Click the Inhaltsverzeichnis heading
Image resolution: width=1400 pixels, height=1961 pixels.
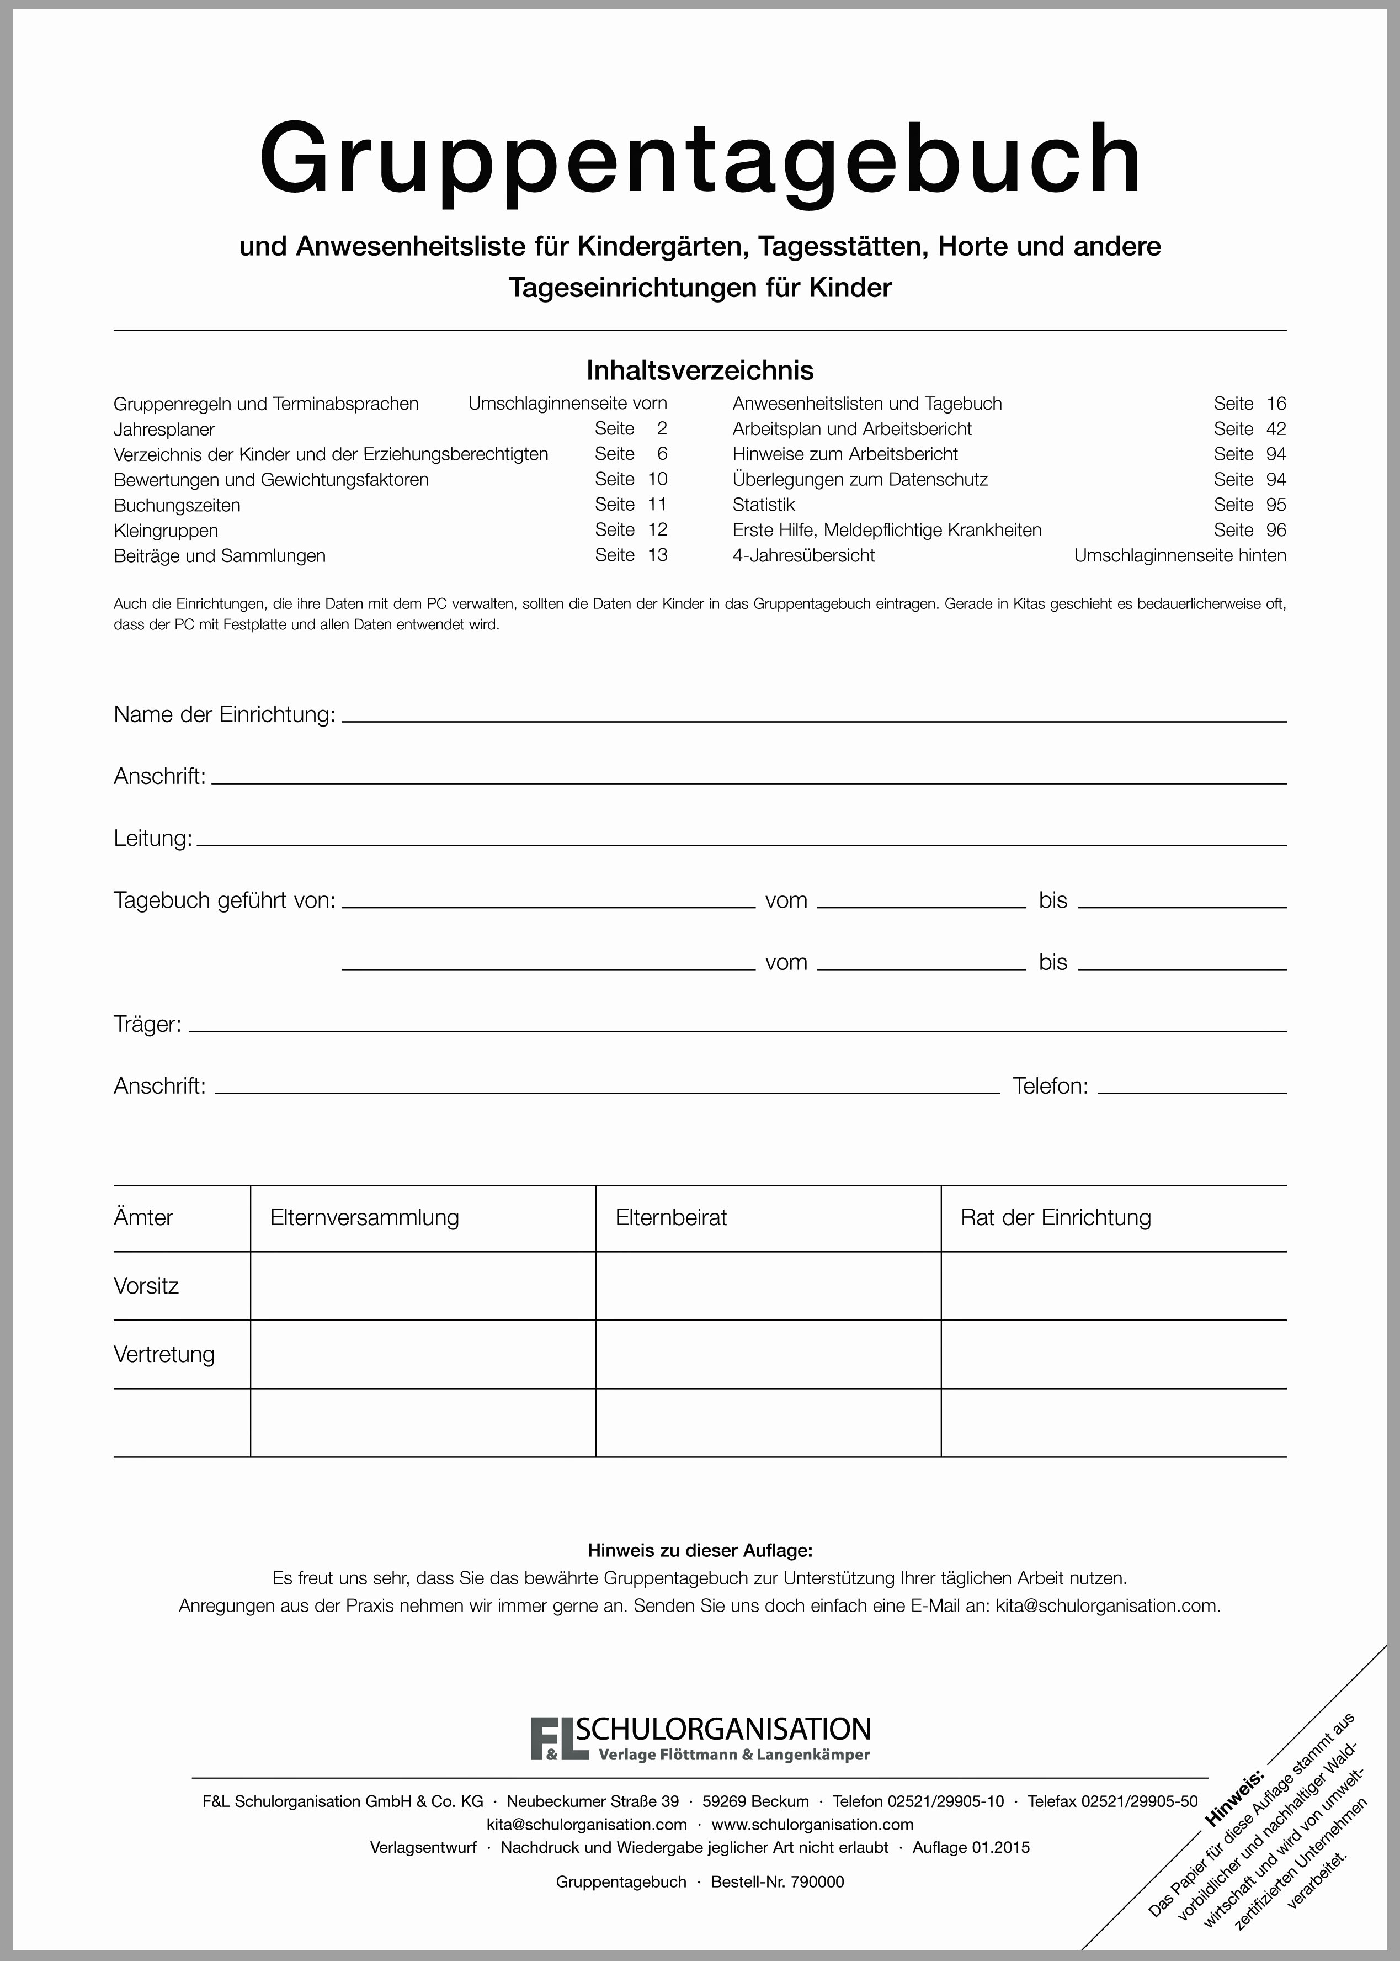tap(700, 371)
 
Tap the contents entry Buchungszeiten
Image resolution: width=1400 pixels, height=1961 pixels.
tap(177, 505)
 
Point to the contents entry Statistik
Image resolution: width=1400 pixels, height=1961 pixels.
tap(763, 505)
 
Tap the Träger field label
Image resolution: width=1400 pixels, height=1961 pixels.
tap(147, 1025)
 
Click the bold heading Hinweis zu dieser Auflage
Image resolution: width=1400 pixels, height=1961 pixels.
tap(700, 1550)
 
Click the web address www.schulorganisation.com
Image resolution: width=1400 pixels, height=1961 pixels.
tap(812, 1825)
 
